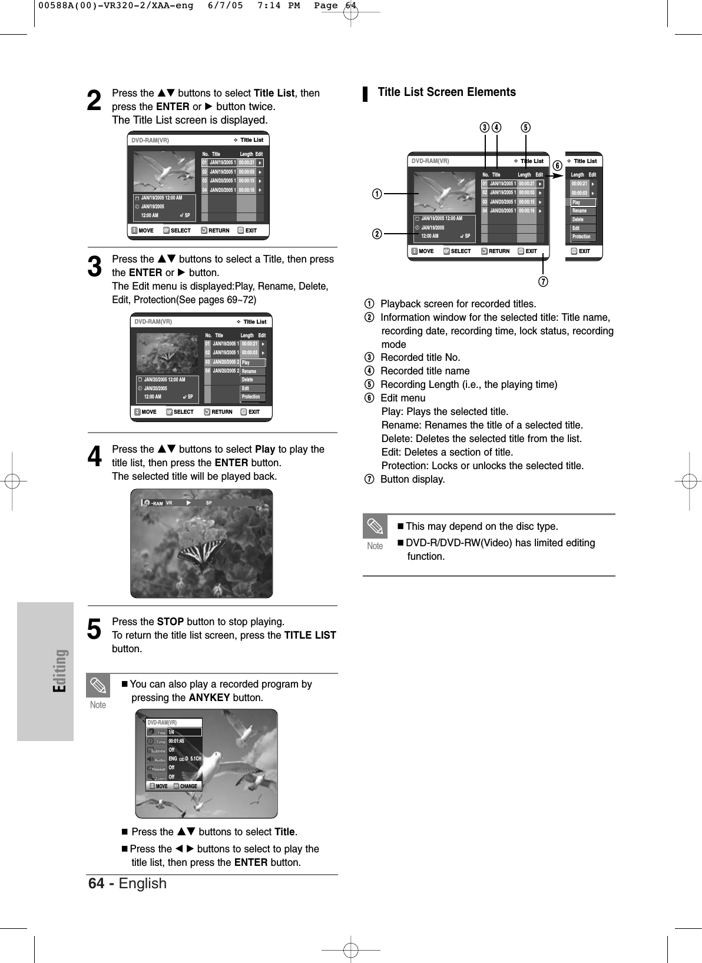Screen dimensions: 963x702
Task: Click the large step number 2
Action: [94, 101]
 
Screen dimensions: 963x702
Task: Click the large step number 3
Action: [94, 266]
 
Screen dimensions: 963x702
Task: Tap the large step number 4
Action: [94, 457]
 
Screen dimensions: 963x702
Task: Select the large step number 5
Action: [94, 629]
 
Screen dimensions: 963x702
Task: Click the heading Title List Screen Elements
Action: [446, 92]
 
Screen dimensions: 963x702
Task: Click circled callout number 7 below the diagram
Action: [544, 282]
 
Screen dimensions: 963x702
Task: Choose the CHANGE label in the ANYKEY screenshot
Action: [188, 786]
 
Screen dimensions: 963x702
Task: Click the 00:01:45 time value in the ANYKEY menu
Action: [177, 741]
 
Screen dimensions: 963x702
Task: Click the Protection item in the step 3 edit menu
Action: [251, 397]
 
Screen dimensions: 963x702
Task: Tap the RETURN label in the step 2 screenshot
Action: [218, 231]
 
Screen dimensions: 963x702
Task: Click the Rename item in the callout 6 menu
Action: [580, 211]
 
